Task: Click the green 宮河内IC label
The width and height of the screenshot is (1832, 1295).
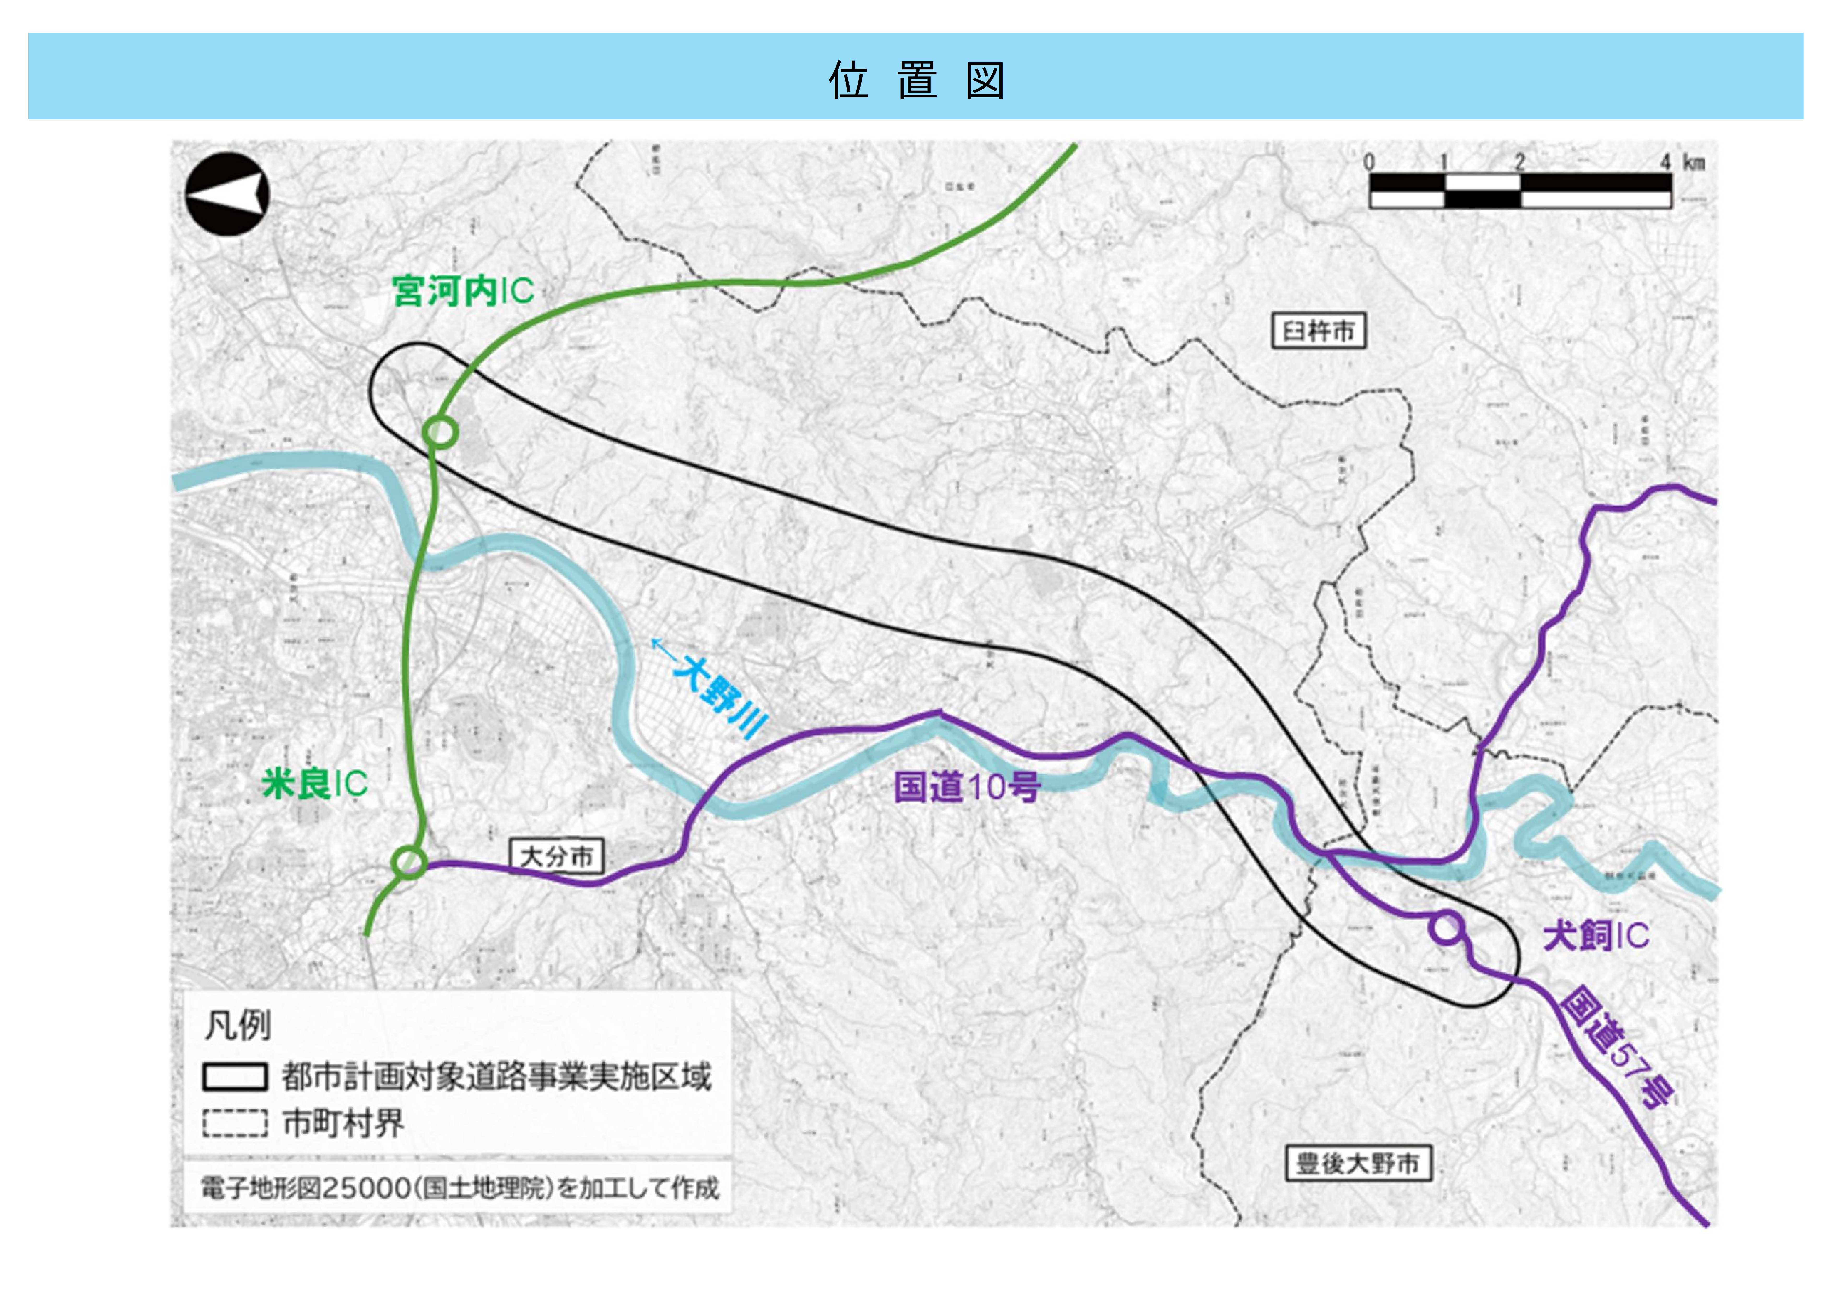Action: tap(463, 291)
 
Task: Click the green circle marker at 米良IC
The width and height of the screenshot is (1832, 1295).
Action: tap(409, 863)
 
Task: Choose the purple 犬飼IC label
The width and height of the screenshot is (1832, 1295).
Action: tap(1596, 935)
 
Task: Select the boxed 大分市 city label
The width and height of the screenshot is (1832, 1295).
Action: tap(556, 857)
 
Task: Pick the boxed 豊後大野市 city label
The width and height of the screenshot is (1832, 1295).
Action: tap(1358, 1163)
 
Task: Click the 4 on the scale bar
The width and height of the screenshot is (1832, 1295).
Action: tap(1665, 162)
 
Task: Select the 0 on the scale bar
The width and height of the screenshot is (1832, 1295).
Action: tap(1369, 162)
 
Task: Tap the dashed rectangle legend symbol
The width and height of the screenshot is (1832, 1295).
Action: tap(235, 1123)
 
